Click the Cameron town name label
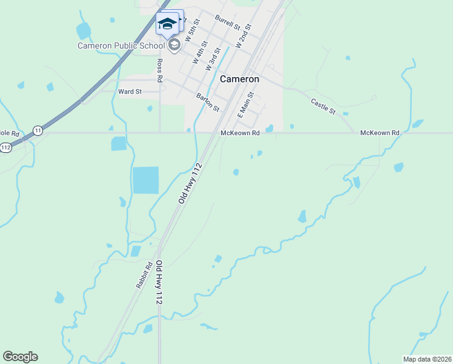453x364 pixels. [239, 79]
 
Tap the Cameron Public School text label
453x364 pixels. [121, 45]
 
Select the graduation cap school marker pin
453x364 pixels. [168, 24]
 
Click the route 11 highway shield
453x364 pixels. [38, 130]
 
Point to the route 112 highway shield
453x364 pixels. [6, 147]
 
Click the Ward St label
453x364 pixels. [130, 92]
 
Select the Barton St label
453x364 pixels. [208, 102]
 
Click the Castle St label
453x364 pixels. [323, 107]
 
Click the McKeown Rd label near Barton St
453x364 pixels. [240, 133]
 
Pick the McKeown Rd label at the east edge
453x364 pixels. [380, 133]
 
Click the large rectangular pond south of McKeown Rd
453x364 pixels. [145, 180]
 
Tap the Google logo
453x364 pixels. [20, 357]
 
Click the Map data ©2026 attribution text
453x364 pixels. [427, 359]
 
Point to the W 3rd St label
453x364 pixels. [213, 61]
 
